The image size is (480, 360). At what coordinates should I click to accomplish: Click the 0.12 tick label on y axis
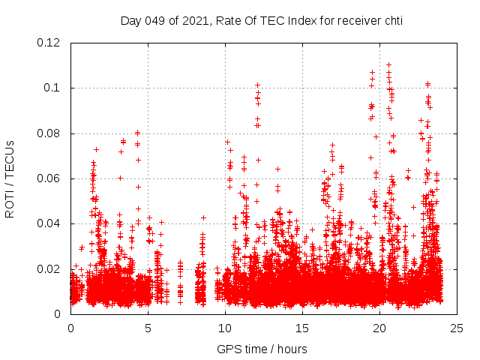(x=49, y=43)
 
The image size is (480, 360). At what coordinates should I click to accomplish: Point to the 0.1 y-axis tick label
(x=52, y=88)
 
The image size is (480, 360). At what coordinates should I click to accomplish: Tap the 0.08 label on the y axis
(x=49, y=133)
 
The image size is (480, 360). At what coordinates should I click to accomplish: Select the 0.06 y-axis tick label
(x=49, y=178)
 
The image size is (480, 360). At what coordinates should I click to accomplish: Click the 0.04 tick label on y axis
(x=49, y=223)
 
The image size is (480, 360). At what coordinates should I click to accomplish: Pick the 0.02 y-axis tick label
(x=49, y=268)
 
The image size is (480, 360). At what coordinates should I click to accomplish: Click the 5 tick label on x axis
(x=148, y=328)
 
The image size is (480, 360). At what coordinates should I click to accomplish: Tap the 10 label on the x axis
(x=225, y=328)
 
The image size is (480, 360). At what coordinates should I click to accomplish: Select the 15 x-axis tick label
(x=302, y=328)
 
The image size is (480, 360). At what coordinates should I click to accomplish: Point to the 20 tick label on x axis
(x=379, y=328)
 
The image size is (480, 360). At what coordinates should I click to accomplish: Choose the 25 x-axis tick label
(x=457, y=328)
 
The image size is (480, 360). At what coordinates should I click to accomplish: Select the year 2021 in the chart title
(x=193, y=20)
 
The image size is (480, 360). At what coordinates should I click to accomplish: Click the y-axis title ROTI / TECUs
(x=10, y=178)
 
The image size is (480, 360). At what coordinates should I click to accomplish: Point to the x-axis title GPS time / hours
(x=262, y=349)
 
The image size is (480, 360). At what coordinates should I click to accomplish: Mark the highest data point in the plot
(x=388, y=64)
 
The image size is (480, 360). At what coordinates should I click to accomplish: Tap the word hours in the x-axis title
(x=291, y=349)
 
